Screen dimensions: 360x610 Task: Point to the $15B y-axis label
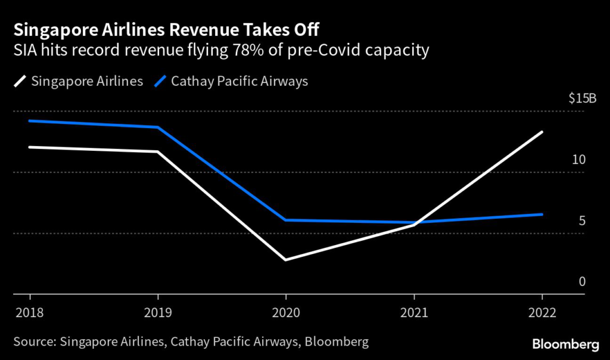coord(583,98)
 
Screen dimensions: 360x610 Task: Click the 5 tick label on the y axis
coord(582,221)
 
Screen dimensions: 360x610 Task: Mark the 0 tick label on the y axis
coord(582,281)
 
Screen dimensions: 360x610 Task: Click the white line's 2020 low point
coord(286,260)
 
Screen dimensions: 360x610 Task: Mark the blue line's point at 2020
coord(286,220)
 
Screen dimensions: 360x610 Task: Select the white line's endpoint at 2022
coord(542,132)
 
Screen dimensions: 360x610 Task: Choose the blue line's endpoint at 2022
coord(542,214)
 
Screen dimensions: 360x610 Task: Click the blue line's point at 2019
coord(158,127)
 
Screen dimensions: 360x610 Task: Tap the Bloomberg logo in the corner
coord(565,344)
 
